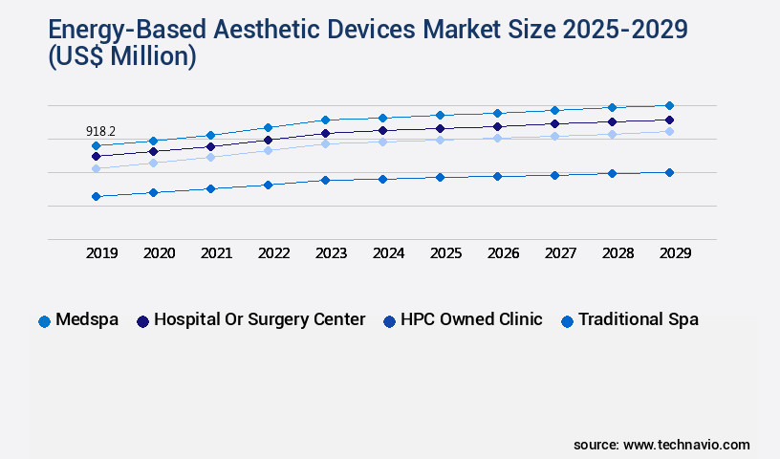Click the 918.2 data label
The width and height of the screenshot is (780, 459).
point(101,131)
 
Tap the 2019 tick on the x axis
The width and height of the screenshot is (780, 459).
point(101,253)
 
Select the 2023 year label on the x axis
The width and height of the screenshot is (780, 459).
point(331,253)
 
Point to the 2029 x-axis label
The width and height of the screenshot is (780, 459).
point(675,253)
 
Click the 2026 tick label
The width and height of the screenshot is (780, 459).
point(503,253)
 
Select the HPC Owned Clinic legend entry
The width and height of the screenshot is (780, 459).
point(463,320)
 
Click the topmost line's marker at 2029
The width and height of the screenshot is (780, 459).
point(669,105)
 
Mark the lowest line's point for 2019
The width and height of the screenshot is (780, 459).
point(96,196)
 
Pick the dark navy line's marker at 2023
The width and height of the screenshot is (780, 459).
point(325,133)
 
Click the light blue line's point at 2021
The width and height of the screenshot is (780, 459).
point(210,157)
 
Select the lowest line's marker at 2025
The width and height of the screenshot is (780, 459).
point(440,177)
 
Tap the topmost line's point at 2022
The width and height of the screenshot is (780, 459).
point(268,127)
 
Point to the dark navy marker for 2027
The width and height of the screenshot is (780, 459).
point(554,123)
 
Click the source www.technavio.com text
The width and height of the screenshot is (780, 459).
point(661,445)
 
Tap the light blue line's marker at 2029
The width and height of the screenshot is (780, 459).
point(669,131)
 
